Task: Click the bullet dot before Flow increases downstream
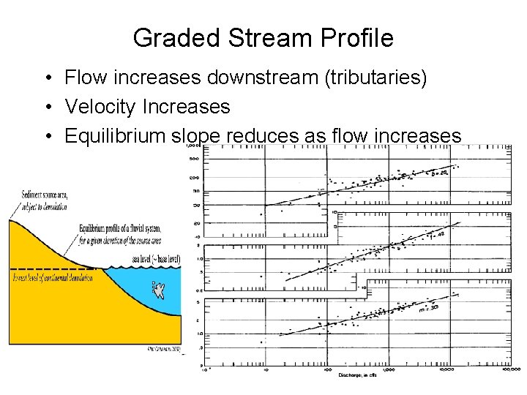[45, 78]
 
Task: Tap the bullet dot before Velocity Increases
[45, 108]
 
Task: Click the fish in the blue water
[157, 291]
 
